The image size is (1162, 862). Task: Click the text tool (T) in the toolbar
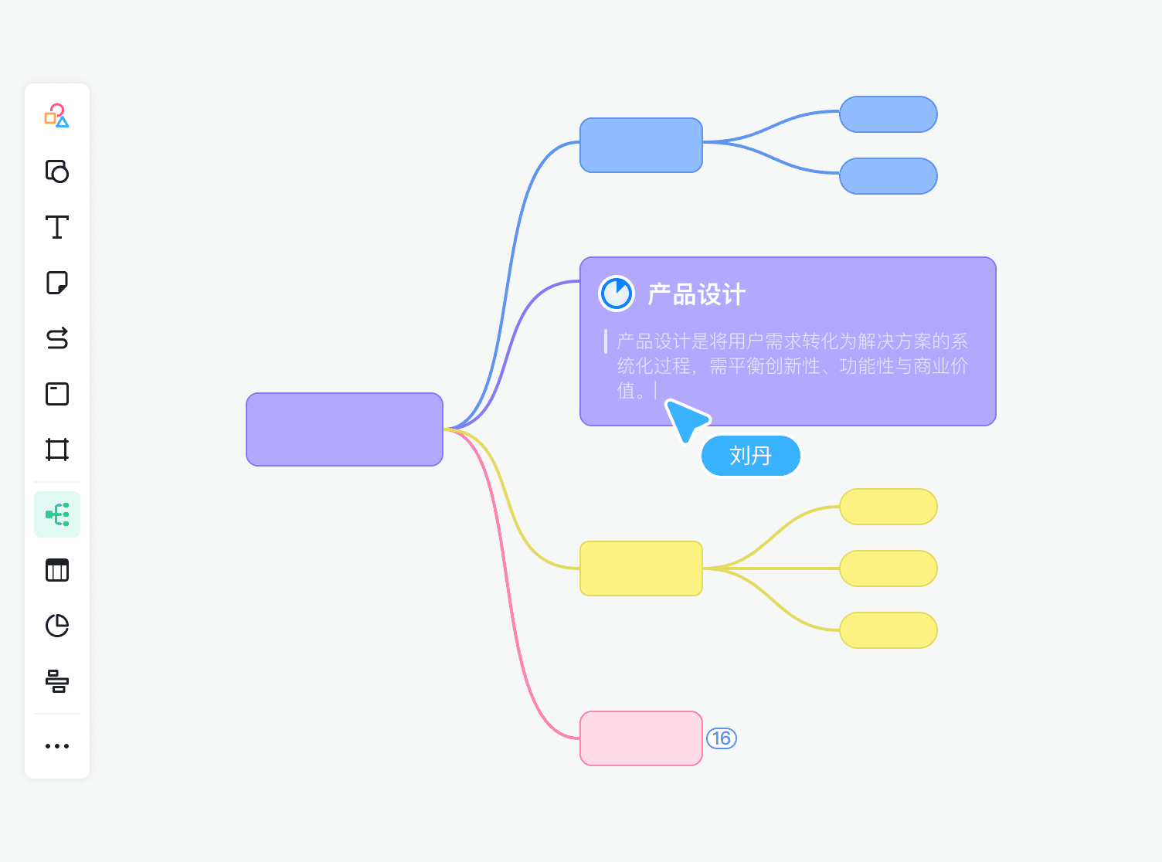pyautogui.click(x=57, y=227)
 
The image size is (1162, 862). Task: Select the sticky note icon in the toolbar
pyautogui.click(x=57, y=283)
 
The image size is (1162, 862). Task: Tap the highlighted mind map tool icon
pyautogui.click(x=57, y=514)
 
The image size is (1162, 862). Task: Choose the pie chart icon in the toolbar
pyautogui.click(x=57, y=626)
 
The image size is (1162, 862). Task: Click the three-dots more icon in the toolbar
pyautogui.click(x=57, y=746)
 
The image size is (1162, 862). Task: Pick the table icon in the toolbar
pyautogui.click(x=57, y=570)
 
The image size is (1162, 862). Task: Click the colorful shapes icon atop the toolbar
pyautogui.click(x=57, y=116)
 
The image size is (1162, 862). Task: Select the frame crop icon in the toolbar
pyautogui.click(x=57, y=450)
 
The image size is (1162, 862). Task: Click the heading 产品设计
pyautogui.click(x=696, y=294)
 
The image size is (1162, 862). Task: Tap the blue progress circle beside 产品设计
pyautogui.click(x=617, y=294)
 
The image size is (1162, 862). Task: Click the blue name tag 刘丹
pyautogui.click(x=750, y=456)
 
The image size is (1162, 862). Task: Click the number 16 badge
pyautogui.click(x=722, y=738)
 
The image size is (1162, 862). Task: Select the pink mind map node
pyautogui.click(x=640, y=738)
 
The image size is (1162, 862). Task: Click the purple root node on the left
pyautogui.click(x=345, y=429)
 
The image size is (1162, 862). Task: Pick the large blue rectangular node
pyautogui.click(x=640, y=145)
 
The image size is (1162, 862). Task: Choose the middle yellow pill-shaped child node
pyautogui.click(x=888, y=568)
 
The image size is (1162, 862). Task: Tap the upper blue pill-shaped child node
pyautogui.click(x=888, y=114)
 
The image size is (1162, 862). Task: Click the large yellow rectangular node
pyautogui.click(x=640, y=568)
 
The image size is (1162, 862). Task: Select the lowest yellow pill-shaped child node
pyautogui.click(x=888, y=630)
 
